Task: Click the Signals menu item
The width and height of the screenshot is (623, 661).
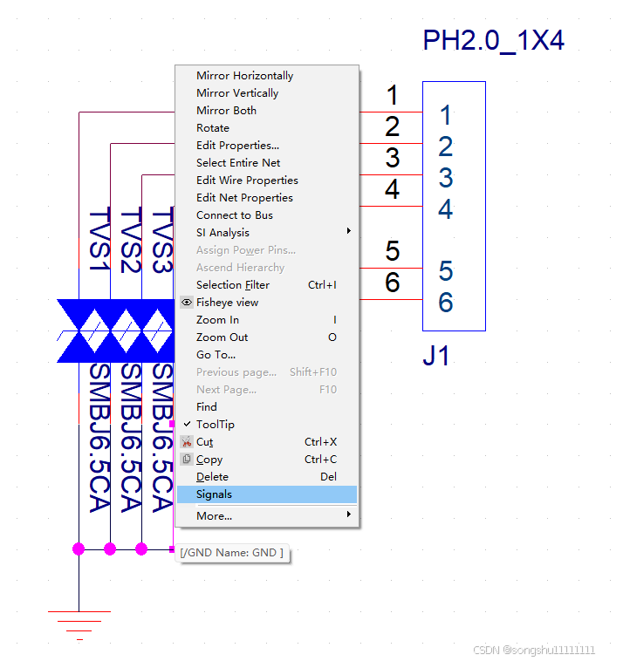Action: [x=215, y=494]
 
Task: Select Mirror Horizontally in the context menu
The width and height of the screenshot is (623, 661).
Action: [x=244, y=76]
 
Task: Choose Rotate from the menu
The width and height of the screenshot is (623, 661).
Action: [x=213, y=128]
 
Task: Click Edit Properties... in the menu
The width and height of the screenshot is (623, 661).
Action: [x=237, y=146]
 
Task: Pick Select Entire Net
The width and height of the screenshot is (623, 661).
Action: [x=238, y=163]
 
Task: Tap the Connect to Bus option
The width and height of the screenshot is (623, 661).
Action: [x=234, y=215]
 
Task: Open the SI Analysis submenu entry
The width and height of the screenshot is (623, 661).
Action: [x=222, y=233]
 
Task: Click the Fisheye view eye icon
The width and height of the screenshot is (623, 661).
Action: [x=187, y=303]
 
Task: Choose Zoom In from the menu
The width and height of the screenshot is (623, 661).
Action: [x=217, y=320]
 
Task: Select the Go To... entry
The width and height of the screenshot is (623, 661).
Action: [x=216, y=355]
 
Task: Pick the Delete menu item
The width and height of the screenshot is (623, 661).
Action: [x=212, y=477]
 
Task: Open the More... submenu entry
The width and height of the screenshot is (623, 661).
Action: [x=214, y=515]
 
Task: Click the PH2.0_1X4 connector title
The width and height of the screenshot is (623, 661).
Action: [x=493, y=41]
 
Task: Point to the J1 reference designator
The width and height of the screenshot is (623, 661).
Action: [x=435, y=356]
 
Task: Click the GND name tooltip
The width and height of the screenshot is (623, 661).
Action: [x=232, y=553]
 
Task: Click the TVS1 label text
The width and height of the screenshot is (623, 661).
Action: [x=100, y=240]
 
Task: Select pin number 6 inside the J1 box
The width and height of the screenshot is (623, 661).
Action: [x=446, y=303]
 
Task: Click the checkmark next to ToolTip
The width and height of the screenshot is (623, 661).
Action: [x=187, y=425]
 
